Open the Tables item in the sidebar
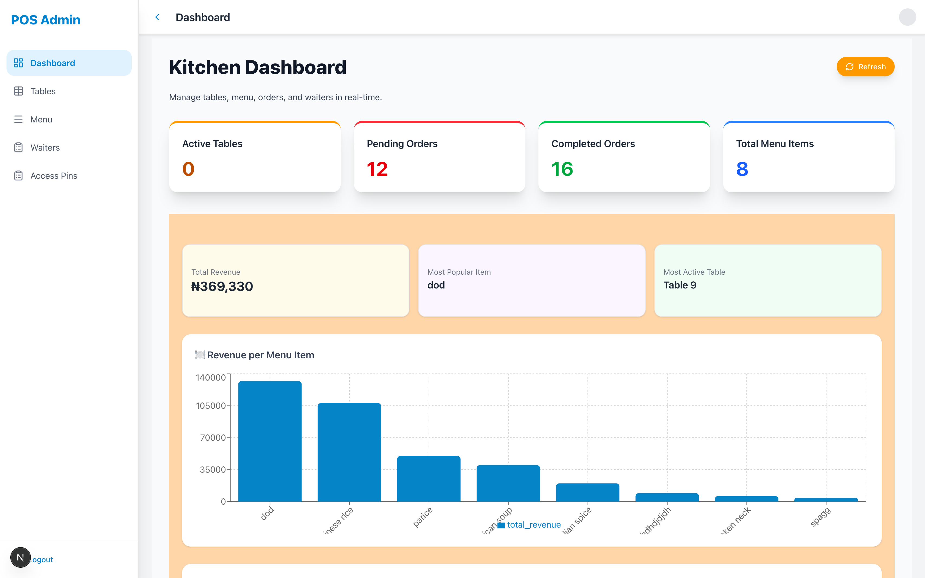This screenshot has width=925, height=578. click(43, 91)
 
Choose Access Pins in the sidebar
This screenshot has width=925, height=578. click(54, 176)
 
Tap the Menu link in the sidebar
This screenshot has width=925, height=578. click(41, 119)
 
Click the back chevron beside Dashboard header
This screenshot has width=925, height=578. click(157, 17)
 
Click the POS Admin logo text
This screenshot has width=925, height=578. click(46, 20)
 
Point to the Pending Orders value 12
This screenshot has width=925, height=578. click(377, 169)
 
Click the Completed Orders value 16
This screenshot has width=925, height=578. click(562, 169)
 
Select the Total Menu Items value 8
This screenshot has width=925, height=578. click(742, 169)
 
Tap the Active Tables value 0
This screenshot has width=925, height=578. click(188, 169)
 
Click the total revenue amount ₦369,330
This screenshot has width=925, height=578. click(222, 286)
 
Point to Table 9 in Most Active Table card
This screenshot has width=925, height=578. click(680, 285)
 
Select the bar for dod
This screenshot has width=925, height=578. click(270, 441)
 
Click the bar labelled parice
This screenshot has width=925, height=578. click(428, 479)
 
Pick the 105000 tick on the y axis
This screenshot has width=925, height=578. click(211, 405)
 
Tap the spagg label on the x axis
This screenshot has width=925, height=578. click(820, 517)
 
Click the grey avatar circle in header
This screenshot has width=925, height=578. click(907, 17)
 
